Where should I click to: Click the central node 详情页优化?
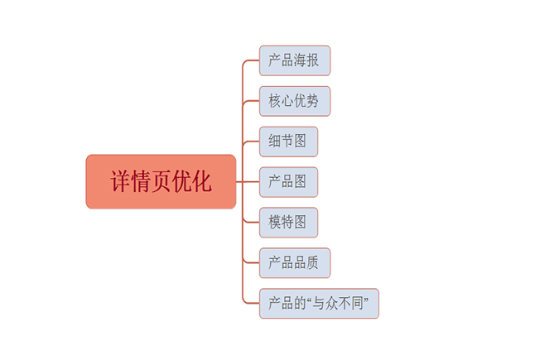(x=161, y=181)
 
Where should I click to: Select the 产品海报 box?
(x=294, y=60)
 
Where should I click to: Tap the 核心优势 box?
(x=294, y=101)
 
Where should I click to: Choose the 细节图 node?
(x=287, y=142)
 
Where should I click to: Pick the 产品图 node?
(x=287, y=182)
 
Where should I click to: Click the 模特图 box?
(x=287, y=223)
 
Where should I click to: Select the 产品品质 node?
(x=294, y=263)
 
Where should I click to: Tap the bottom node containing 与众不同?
(x=318, y=304)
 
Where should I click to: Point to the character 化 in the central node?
(x=200, y=182)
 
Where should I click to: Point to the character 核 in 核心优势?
(x=275, y=101)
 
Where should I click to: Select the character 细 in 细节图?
(x=275, y=142)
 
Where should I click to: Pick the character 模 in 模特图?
(x=275, y=223)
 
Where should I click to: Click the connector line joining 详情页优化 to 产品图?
(x=248, y=182)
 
